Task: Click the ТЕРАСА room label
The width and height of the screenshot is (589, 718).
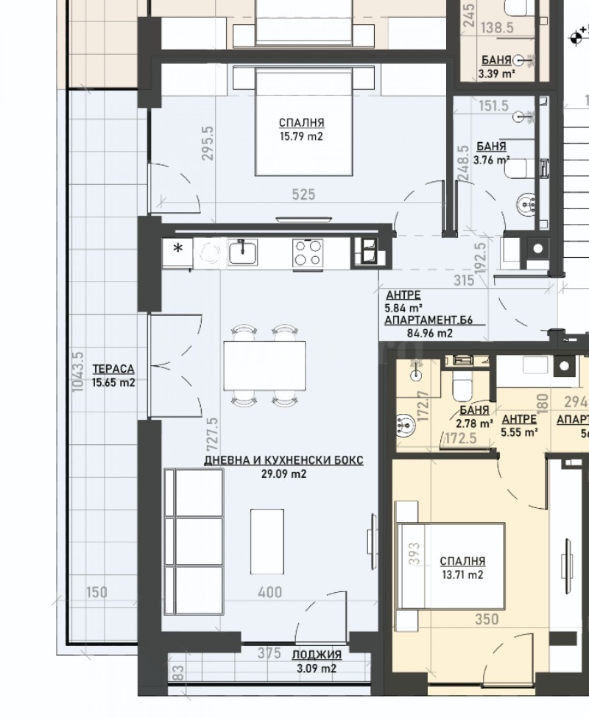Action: click(x=113, y=369)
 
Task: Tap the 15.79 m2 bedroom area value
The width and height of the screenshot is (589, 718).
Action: click(x=301, y=136)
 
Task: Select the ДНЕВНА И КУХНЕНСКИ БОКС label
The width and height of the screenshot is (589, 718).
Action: click(x=283, y=460)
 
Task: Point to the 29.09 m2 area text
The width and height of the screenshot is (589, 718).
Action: click(x=283, y=474)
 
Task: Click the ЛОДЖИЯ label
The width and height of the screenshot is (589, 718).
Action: click(x=316, y=655)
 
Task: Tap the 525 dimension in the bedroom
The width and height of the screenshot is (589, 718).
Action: click(x=303, y=194)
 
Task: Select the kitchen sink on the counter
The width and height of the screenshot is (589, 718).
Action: click(x=242, y=253)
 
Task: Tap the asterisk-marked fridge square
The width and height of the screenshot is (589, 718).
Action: click(x=177, y=249)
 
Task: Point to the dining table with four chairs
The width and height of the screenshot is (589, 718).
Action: click(x=264, y=365)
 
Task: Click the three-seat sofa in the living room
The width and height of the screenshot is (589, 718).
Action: click(x=194, y=541)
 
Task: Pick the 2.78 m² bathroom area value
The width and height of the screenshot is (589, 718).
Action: click(x=475, y=423)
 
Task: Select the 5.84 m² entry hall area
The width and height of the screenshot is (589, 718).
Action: click(x=403, y=309)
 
